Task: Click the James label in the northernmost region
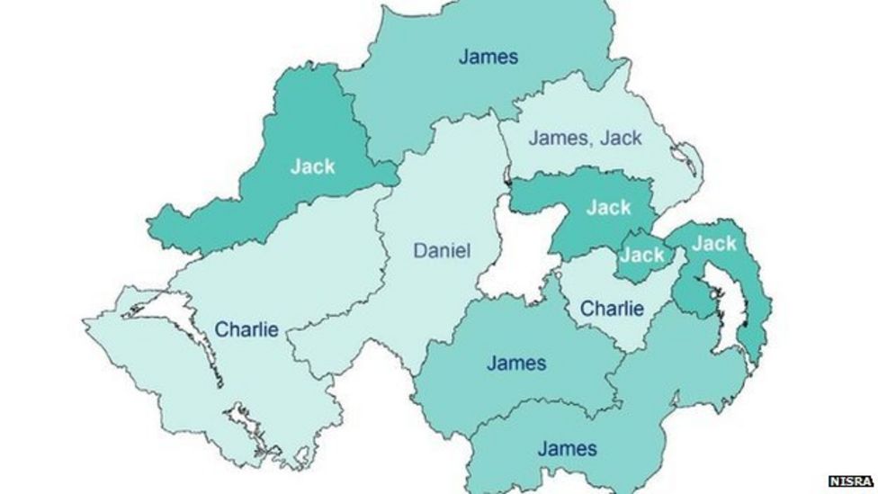click(x=488, y=57)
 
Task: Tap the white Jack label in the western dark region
click(x=312, y=166)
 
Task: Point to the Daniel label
click(x=442, y=250)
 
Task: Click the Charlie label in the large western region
click(x=246, y=329)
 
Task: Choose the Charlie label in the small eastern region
click(x=612, y=309)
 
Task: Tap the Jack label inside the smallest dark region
click(x=642, y=256)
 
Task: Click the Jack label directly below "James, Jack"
click(x=609, y=208)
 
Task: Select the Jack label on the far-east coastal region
click(x=714, y=243)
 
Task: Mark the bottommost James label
click(x=567, y=447)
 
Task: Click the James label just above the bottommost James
click(x=516, y=364)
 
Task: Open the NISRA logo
click(x=851, y=481)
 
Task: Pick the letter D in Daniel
click(x=419, y=250)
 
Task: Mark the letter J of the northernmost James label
click(x=463, y=57)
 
